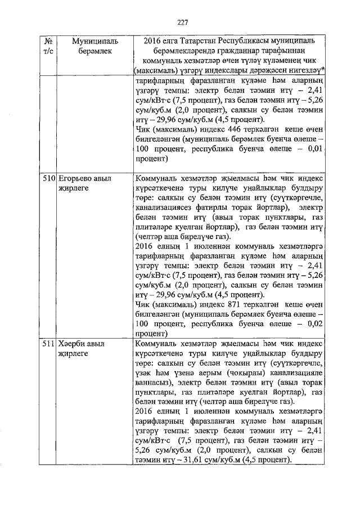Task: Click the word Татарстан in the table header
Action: point(191,42)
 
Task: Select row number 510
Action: point(48,178)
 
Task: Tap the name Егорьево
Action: point(74,178)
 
